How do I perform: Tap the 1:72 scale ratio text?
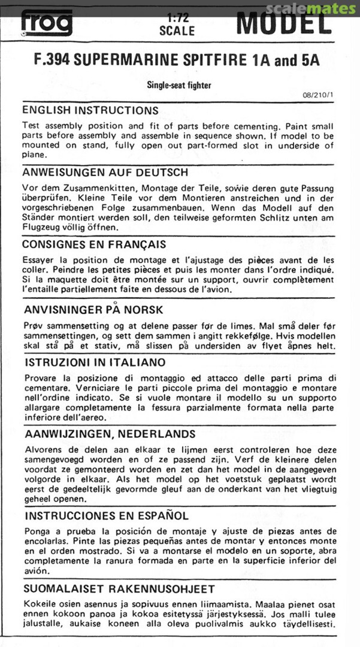click(x=177, y=18)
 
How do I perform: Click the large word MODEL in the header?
click(x=283, y=24)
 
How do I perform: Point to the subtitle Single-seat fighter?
click(x=179, y=85)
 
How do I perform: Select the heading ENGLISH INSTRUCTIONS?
click(x=90, y=111)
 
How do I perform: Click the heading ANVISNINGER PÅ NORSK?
click(x=92, y=310)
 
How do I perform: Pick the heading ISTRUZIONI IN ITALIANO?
click(x=95, y=363)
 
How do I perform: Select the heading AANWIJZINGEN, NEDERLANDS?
click(x=108, y=434)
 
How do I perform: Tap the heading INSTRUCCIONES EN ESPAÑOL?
click(x=105, y=516)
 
